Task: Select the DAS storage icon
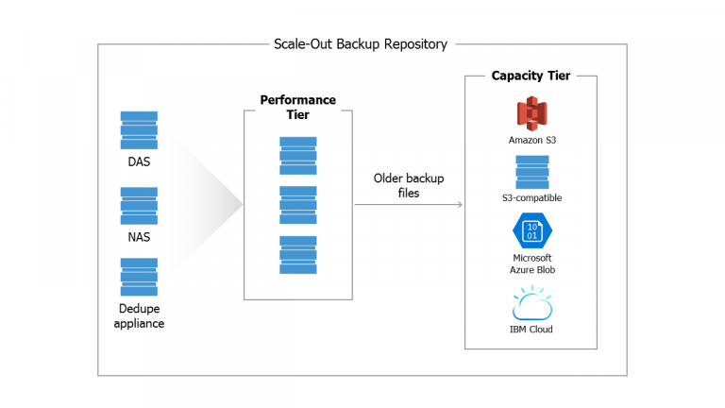pyautogui.click(x=139, y=129)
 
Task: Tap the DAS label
pyautogui.click(x=139, y=161)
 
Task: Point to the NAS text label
pyautogui.click(x=139, y=237)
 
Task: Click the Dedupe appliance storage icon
pyautogui.click(x=139, y=277)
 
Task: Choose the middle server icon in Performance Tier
pyautogui.click(x=297, y=205)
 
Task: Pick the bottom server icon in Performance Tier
pyautogui.click(x=297, y=255)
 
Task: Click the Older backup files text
pyautogui.click(x=409, y=185)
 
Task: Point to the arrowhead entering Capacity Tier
pyautogui.click(x=460, y=204)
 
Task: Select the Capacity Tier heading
pyautogui.click(x=531, y=76)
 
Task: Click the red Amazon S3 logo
pyautogui.click(x=531, y=113)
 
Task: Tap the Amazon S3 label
pyautogui.click(x=531, y=140)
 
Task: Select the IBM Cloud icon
pyautogui.click(x=531, y=306)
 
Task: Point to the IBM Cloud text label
pyautogui.click(x=531, y=330)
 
